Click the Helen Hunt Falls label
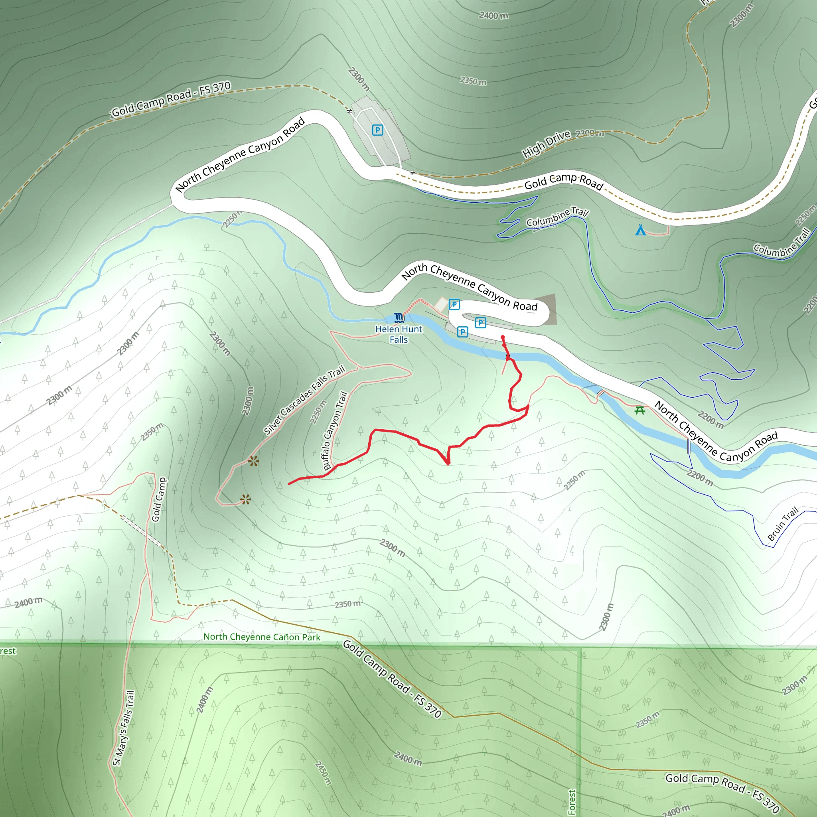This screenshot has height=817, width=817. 399,334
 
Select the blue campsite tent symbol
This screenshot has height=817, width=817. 640,230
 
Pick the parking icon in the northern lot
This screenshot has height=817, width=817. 377,130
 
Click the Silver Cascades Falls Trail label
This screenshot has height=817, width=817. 304,401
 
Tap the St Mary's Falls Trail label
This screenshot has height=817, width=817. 124,728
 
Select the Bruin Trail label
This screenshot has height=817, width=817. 783,523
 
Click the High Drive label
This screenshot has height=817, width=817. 546,144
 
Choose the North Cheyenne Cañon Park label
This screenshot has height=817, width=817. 262,637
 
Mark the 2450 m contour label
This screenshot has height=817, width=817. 323,773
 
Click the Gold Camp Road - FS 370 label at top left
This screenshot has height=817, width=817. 171,99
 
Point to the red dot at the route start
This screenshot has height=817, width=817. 502,337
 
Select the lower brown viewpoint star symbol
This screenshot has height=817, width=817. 245,500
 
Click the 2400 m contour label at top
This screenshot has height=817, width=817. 493,16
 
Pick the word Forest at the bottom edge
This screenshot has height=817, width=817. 572,802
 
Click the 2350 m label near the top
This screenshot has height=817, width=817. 473,80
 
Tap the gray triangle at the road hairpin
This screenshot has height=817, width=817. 551,308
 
